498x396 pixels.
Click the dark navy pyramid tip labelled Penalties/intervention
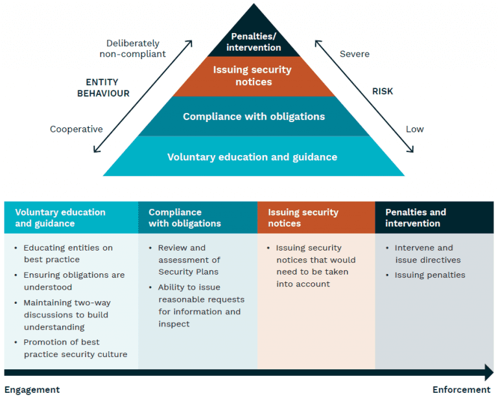(x=254, y=42)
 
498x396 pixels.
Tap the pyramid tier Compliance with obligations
(x=254, y=117)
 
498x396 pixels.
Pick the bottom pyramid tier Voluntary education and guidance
(x=252, y=156)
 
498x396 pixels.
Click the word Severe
(x=355, y=53)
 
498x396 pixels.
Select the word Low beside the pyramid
(x=414, y=129)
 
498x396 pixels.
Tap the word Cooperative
(x=77, y=129)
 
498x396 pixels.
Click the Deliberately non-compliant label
(x=132, y=49)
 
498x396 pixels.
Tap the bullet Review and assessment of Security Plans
(x=188, y=260)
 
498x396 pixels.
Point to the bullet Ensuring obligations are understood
(x=73, y=281)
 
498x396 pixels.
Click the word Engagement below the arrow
(x=32, y=390)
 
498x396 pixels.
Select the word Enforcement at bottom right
(x=461, y=390)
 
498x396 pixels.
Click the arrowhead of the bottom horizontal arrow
(x=488, y=373)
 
